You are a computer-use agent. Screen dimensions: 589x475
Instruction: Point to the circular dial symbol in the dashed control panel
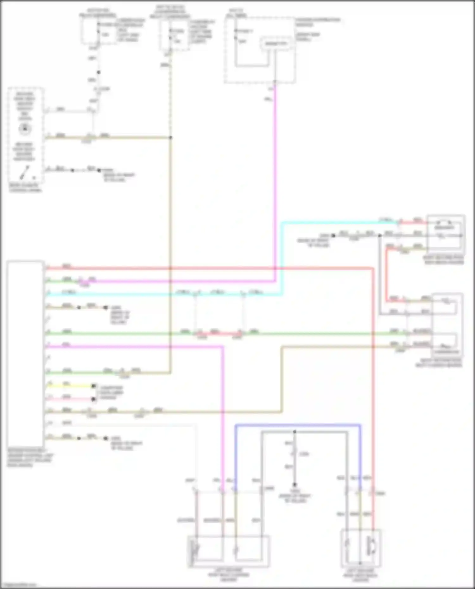click(25, 129)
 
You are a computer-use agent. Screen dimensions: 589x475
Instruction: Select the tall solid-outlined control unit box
click(25, 353)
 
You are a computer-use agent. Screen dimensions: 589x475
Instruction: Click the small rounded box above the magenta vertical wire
click(275, 43)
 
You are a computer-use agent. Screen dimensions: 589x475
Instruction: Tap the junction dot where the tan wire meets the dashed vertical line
click(170, 138)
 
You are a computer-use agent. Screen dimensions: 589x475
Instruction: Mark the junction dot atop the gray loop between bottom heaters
click(294, 432)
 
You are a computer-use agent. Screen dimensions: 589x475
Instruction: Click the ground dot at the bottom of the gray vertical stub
click(294, 485)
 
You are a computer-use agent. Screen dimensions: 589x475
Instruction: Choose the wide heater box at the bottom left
click(229, 551)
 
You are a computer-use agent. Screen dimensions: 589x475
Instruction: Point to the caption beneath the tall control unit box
click(30, 458)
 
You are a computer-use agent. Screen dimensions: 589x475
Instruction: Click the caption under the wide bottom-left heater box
click(229, 575)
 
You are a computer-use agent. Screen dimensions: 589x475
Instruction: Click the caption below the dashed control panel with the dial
click(25, 188)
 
